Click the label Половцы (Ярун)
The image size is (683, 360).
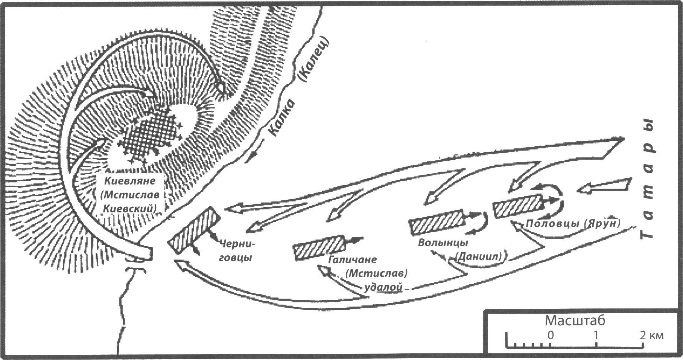(x=573, y=223)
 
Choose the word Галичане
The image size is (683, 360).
(x=352, y=259)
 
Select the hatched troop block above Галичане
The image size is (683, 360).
(x=319, y=247)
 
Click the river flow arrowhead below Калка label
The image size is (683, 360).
(x=248, y=159)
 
